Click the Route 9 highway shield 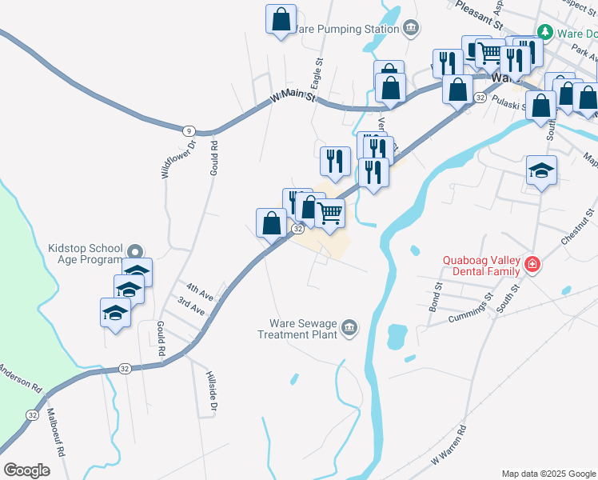pos(187,130)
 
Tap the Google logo pos(26,470)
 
